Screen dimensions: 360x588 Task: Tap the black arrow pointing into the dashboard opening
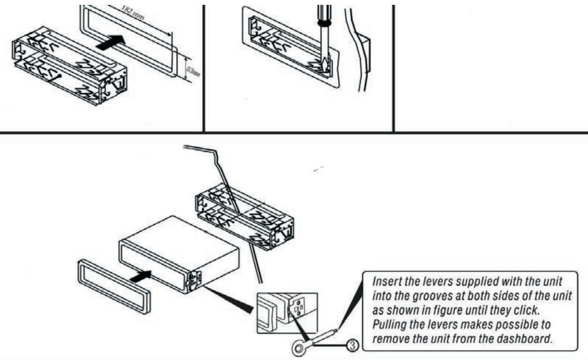(x=110, y=42)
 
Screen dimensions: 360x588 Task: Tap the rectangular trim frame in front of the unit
(x=113, y=286)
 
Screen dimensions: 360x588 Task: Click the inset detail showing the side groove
(x=287, y=313)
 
